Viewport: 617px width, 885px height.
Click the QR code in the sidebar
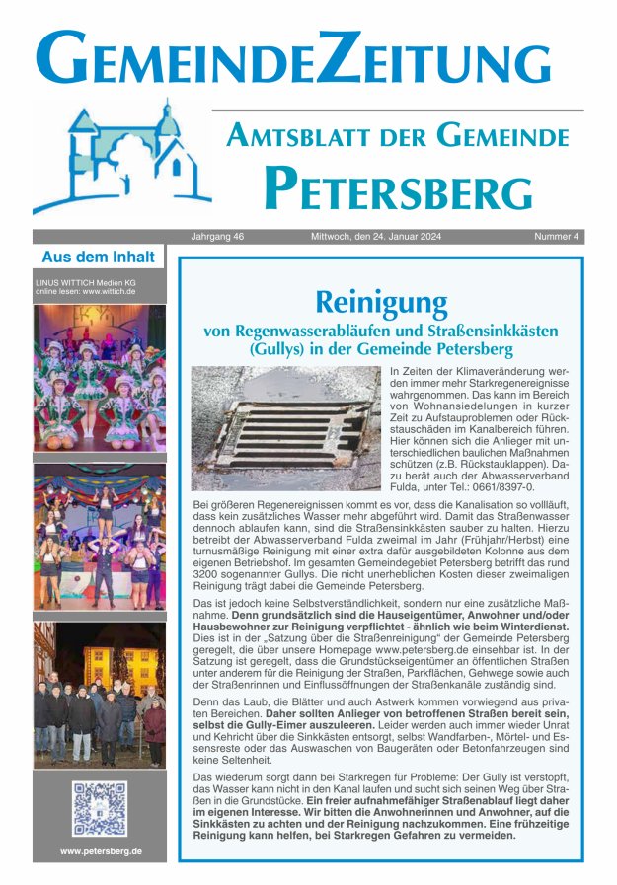[x=99, y=808]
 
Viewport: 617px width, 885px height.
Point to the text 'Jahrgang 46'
[x=217, y=237]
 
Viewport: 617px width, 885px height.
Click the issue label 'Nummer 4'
[x=558, y=237]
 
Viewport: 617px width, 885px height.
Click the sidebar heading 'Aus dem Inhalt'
[x=99, y=258]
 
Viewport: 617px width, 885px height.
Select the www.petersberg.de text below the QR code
[x=100, y=850]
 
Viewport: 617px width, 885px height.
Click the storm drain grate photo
[x=285, y=428]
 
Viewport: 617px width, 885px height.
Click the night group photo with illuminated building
[x=99, y=694]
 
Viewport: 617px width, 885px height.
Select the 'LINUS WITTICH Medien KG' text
[x=86, y=282]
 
